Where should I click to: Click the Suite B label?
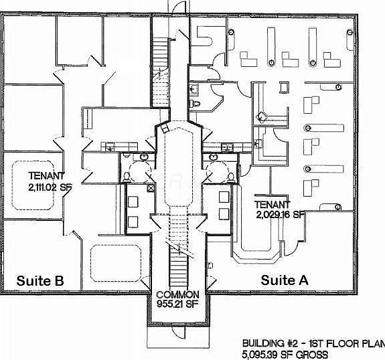40,280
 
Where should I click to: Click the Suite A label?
285,280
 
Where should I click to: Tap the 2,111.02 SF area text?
50,188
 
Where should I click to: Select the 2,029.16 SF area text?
280,215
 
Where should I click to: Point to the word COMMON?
177,294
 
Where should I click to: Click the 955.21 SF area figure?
177,304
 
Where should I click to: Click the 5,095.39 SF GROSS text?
285,355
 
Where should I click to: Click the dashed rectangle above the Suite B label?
116,263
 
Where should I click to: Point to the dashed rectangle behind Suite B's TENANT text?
33,185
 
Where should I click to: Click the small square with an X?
151,189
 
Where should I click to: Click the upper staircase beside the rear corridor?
160,72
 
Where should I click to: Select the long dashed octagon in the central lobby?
179,167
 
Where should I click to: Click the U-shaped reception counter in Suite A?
257,255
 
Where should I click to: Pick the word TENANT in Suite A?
272,205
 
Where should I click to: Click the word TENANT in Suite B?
46,176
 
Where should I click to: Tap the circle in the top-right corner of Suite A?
350,32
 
